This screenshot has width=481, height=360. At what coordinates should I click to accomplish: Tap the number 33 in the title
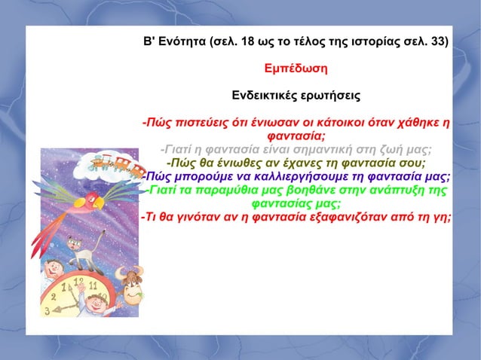[x=438, y=41]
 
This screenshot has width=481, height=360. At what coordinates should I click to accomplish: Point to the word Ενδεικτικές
[x=262, y=96]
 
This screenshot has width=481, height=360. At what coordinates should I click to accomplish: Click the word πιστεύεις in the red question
[x=204, y=123]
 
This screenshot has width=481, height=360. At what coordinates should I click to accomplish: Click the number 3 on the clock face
[x=47, y=310]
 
